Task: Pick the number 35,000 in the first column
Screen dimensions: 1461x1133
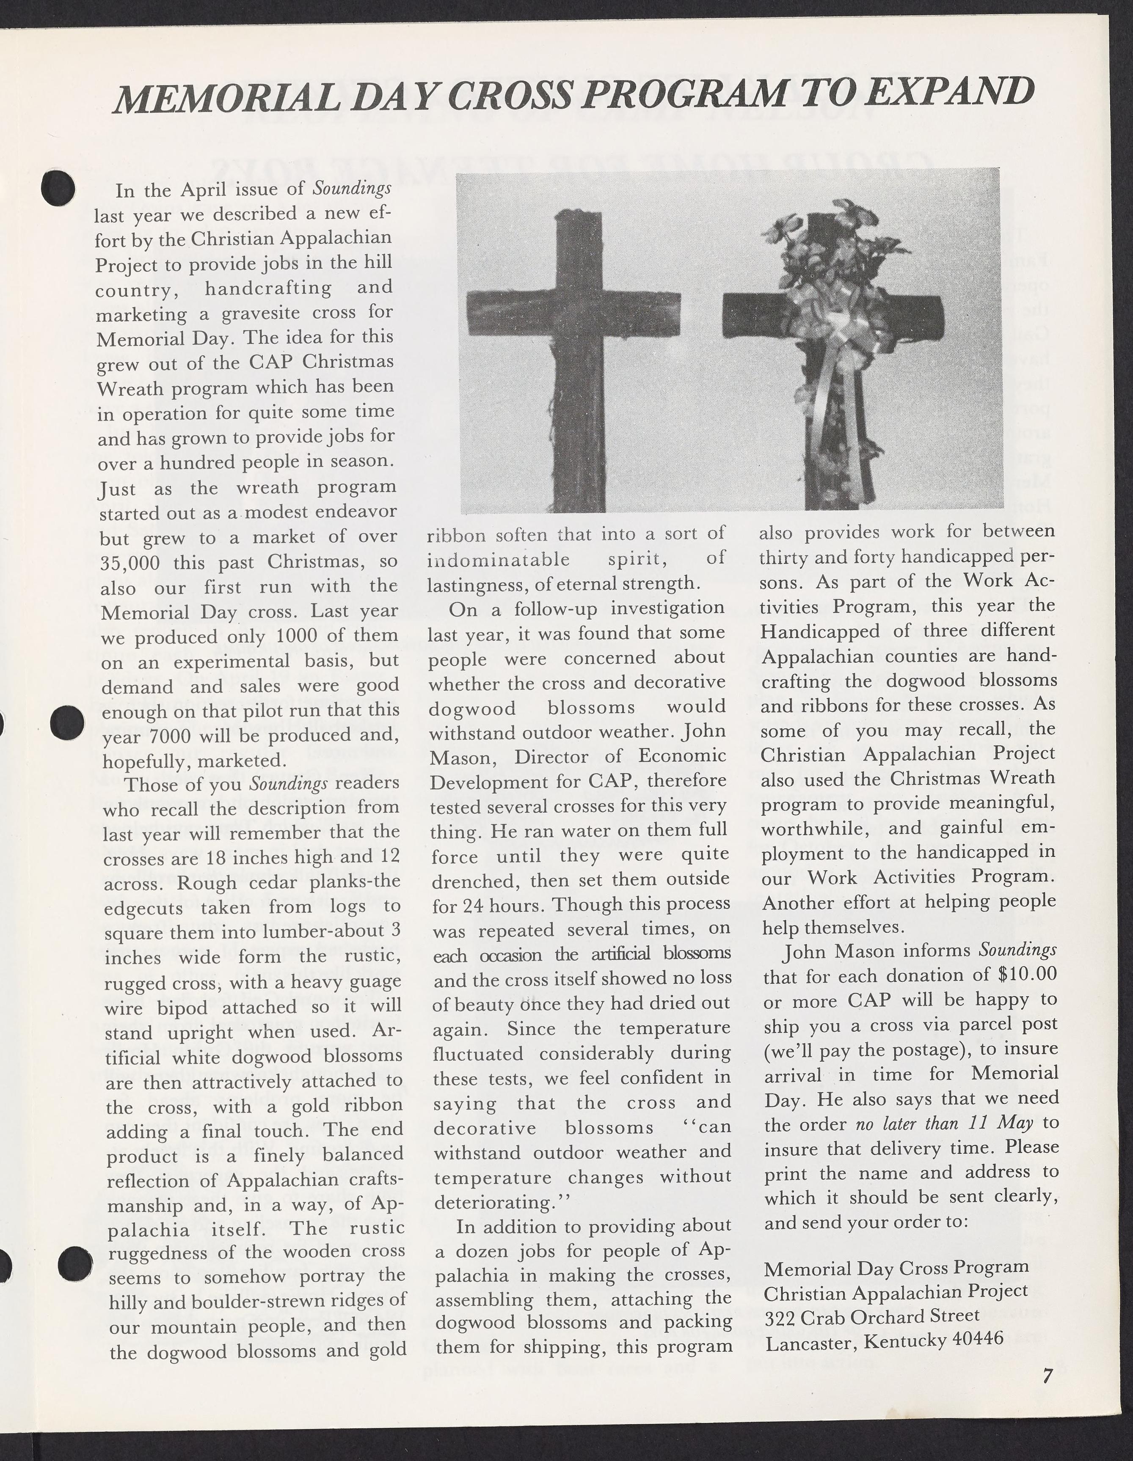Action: (x=130, y=563)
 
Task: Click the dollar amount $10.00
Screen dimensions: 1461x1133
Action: (x=1027, y=973)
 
